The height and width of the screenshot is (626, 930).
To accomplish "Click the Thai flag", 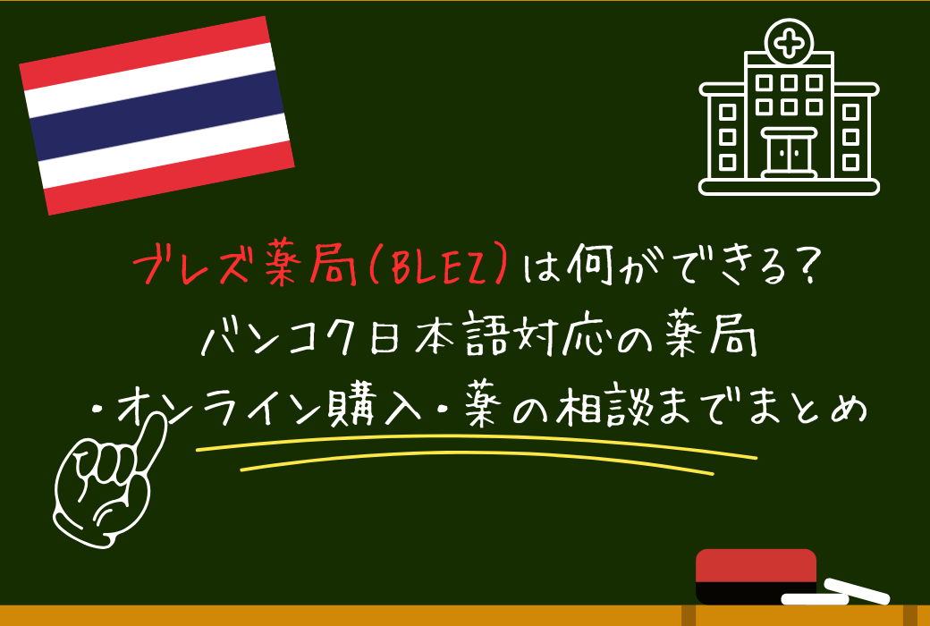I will [156, 115].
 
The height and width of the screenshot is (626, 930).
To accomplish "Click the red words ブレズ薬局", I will [241, 266].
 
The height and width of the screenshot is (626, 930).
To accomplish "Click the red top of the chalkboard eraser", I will [756, 565].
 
